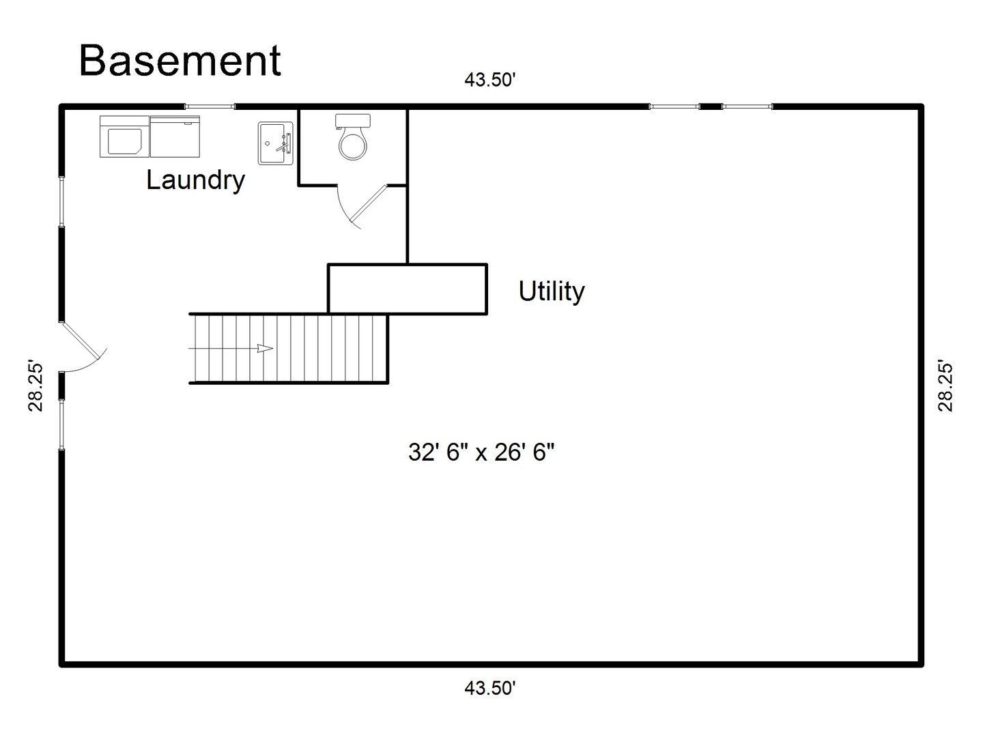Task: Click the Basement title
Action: click(180, 60)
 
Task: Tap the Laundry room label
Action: click(195, 180)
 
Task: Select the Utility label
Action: click(552, 291)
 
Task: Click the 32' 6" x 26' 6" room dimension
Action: click(481, 452)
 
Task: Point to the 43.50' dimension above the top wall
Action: click(489, 80)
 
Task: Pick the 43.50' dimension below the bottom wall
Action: click(489, 688)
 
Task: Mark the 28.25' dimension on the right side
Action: click(945, 386)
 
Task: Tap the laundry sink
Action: click(276, 143)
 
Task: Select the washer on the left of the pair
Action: click(124, 136)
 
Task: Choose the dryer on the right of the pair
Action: click(175, 136)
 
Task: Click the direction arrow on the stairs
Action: click(264, 349)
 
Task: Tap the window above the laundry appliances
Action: click(210, 106)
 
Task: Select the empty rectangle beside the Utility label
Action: click(408, 289)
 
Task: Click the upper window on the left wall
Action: click(61, 202)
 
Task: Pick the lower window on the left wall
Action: click(61, 424)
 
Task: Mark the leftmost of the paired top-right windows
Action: click(674, 106)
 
